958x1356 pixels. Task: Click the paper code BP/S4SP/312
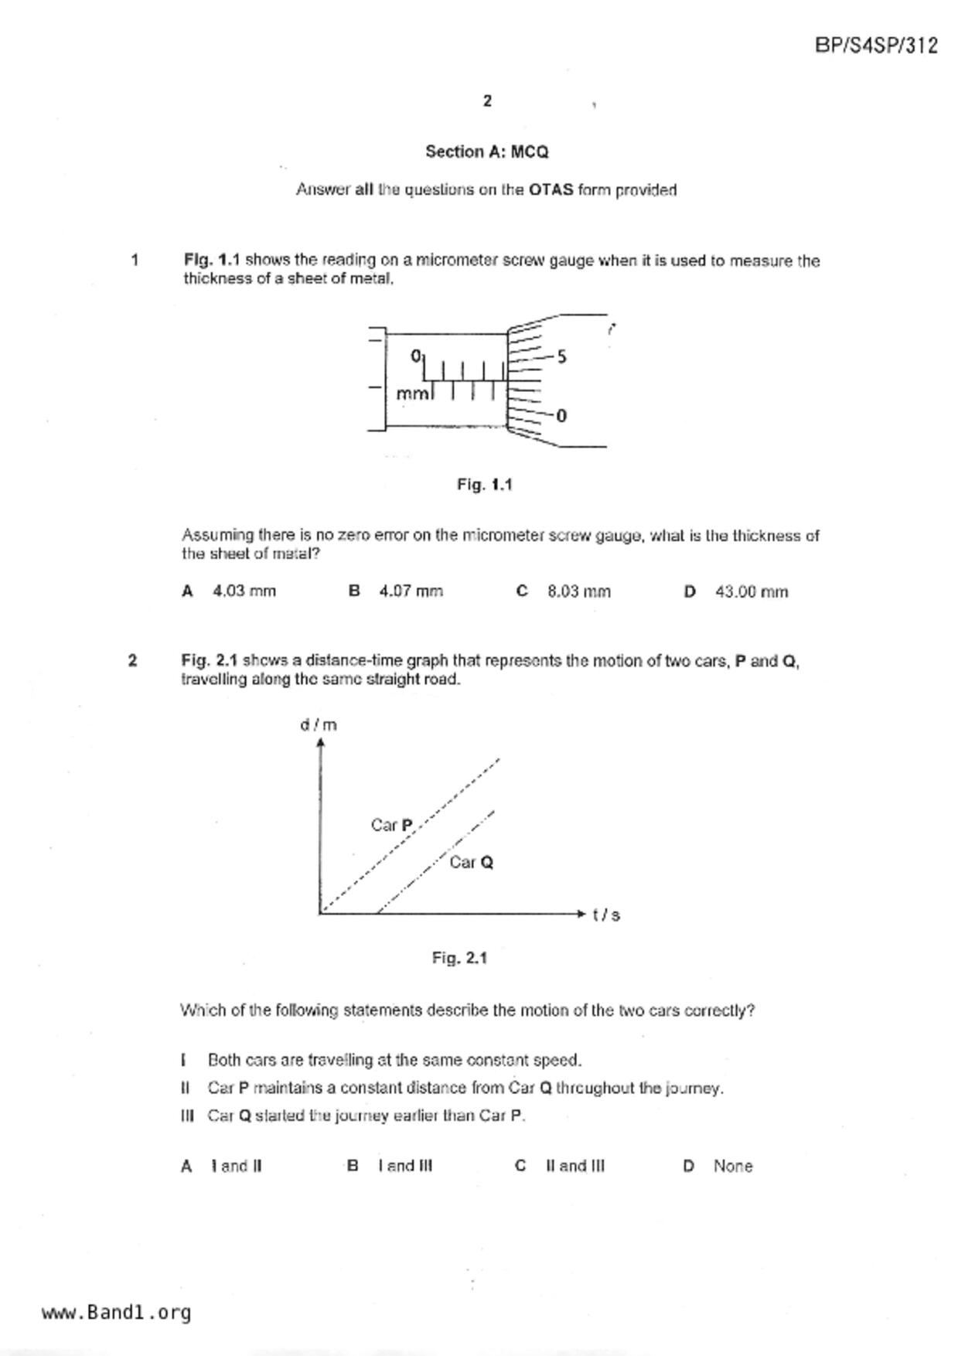[x=876, y=46]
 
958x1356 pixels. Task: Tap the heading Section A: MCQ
[x=486, y=152]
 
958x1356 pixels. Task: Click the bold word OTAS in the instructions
[x=551, y=189]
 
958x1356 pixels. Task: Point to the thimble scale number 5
[x=561, y=356]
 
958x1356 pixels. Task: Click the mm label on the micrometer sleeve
[x=412, y=394]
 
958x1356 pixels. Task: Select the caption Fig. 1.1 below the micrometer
[x=484, y=485]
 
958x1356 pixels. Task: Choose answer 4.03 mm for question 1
[x=244, y=591]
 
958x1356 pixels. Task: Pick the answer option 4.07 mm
[x=411, y=591]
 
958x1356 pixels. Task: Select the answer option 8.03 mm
[x=578, y=591]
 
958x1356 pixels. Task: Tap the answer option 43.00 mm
[x=751, y=591]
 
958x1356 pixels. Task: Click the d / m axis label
[x=318, y=724]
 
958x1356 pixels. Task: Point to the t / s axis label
[x=606, y=915]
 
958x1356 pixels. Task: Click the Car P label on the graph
[x=392, y=825]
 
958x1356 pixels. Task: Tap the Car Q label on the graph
[x=471, y=862]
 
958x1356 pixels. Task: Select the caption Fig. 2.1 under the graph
[x=459, y=958]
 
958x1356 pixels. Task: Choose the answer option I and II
[x=236, y=1166]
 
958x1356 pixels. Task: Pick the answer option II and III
[x=574, y=1166]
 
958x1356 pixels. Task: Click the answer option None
[x=732, y=1166]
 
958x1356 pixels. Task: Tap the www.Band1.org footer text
[x=116, y=1312]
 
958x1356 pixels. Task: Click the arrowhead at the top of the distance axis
[x=320, y=742]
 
